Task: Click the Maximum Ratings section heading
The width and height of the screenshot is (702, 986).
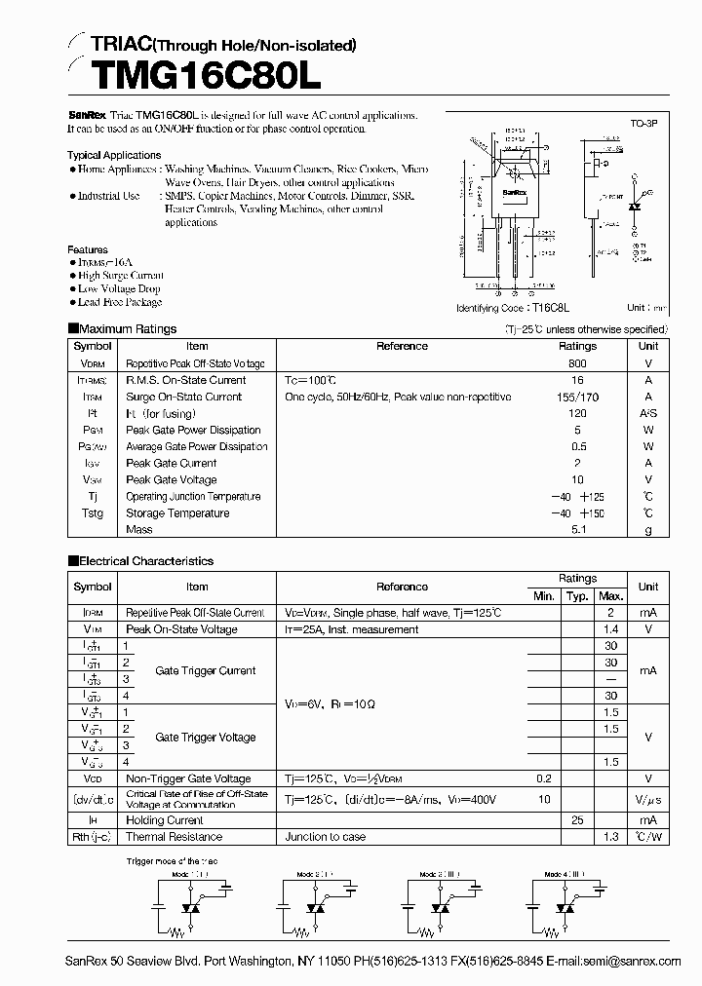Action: pyautogui.click(x=128, y=329)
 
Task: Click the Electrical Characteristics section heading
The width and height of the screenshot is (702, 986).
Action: pyautogui.click(x=145, y=561)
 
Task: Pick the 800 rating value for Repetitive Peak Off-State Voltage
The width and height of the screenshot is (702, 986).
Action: pyautogui.click(x=577, y=363)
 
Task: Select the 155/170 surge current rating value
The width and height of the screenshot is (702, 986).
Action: pyautogui.click(x=577, y=397)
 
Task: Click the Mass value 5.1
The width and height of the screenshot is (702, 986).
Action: pyautogui.click(x=577, y=530)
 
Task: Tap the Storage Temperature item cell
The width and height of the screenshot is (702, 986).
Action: pyautogui.click(x=177, y=513)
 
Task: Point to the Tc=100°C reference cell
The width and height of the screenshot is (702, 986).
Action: pyautogui.click(x=310, y=380)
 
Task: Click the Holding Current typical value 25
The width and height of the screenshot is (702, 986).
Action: pyautogui.click(x=577, y=820)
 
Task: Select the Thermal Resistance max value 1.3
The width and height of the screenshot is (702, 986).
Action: pyautogui.click(x=611, y=837)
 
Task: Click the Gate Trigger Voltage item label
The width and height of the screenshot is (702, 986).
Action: pyautogui.click(x=205, y=738)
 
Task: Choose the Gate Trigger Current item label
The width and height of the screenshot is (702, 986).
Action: pyautogui.click(x=205, y=670)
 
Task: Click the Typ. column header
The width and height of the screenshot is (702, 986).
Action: pyautogui.click(x=577, y=595)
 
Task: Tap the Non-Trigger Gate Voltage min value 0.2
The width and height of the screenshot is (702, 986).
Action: pyautogui.click(x=543, y=778)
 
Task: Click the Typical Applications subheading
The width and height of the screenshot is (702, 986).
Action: pyautogui.click(x=114, y=155)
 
